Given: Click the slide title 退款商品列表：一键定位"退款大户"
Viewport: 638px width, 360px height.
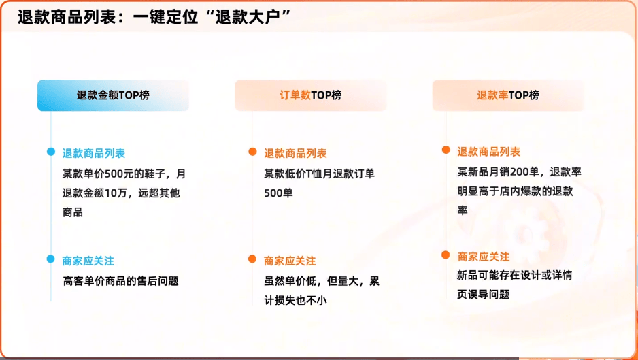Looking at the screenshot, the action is coord(154,18).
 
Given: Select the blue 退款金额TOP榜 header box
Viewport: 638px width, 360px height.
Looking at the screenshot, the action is coord(113,95).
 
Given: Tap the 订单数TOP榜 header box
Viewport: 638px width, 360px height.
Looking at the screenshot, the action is coord(310,95).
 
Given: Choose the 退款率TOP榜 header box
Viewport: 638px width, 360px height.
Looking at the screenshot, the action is coord(508,95).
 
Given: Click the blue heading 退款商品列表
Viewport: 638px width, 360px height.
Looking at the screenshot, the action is coord(94,153).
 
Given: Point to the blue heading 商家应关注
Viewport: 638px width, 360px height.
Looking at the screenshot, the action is coord(88,261).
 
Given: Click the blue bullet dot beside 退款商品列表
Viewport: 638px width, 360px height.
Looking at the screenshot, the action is coord(51,152).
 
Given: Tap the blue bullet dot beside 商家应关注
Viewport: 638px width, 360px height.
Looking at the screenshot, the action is coord(51,259).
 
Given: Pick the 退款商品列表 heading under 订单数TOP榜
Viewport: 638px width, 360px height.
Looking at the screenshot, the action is coord(295,153).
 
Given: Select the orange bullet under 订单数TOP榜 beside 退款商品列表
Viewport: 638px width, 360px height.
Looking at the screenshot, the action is coord(252,152).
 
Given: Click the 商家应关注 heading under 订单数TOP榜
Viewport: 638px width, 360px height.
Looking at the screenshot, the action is coord(290,261).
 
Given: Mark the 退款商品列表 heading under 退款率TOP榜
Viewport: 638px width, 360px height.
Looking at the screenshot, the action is coord(488,152).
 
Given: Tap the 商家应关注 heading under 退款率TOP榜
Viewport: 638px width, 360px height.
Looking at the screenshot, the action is coord(484,257).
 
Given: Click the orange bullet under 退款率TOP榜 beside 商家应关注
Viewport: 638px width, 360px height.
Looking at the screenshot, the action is coord(446,255).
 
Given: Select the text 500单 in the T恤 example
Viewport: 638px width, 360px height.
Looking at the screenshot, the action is coord(278,193).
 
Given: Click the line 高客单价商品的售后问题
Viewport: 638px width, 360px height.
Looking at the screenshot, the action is coord(121,281).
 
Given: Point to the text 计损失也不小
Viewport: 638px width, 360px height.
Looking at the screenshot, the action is coord(295,301).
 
